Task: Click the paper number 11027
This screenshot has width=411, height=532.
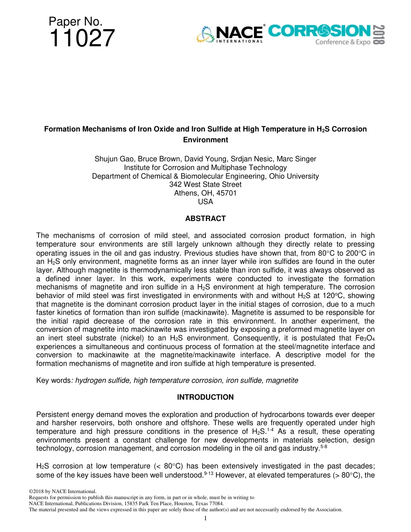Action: (82, 38)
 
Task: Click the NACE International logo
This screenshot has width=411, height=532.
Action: (230, 34)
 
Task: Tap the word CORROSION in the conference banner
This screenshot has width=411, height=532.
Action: (319, 31)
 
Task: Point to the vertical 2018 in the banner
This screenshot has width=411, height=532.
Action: (378, 35)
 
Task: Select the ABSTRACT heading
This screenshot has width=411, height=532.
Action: (205, 218)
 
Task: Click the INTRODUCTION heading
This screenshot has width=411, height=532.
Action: (205, 397)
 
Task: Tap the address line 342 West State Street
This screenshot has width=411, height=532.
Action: (205, 185)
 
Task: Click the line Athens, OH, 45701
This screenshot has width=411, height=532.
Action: (205, 193)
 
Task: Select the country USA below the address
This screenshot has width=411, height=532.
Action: (205, 202)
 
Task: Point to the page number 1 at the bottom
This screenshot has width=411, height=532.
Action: (205, 518)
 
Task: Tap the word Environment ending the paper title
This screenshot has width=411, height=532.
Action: (205, 140)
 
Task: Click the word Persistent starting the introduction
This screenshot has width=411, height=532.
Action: (52, 414)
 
